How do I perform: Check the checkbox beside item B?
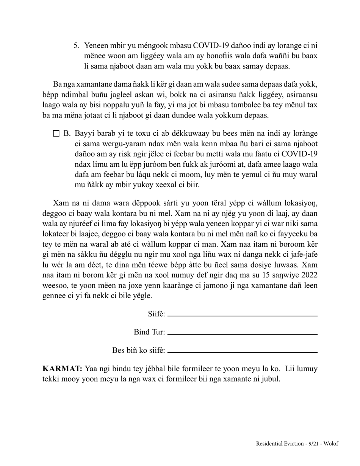[56, 133]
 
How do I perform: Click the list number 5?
[76, 46]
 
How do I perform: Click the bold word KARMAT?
[62, 369]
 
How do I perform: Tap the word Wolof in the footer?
[331, 444]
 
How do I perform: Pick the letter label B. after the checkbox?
[67, 133]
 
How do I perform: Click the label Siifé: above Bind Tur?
[157, 314]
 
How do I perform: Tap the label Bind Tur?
[149, 332]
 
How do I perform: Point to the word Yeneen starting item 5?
[97, 46]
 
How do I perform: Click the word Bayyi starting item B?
[84, 133]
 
